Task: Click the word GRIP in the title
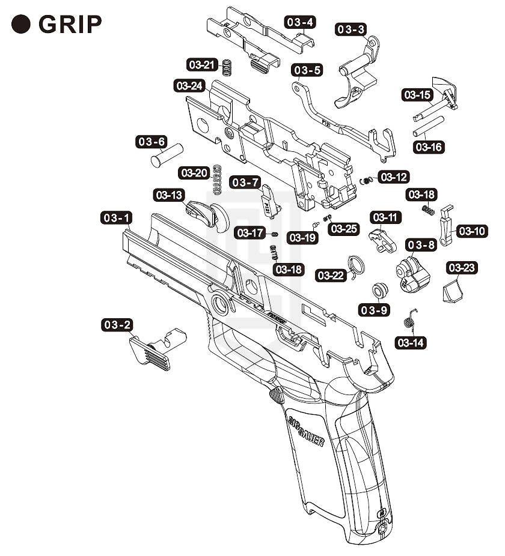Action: tap(70, 24)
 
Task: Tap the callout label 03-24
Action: tap(189, 86)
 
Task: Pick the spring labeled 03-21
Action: tap(227, 67)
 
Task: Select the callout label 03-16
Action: tap(429, 147)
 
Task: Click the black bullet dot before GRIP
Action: tap(22, 24)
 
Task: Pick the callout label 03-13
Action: tap(170, 196)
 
